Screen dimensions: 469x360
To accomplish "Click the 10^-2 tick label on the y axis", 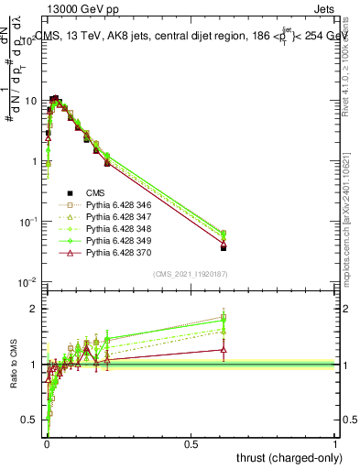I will click(x=27, y=282).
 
